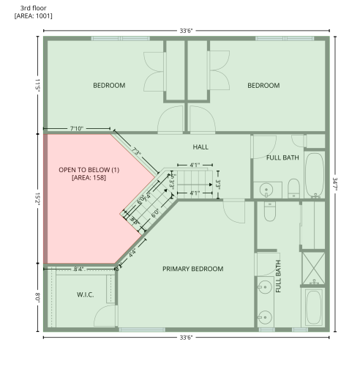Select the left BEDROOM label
pyautogui.click(x=109, y=86)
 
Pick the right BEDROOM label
pyautogui.click(x=263, y=86)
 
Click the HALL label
pyautogui.click(x=200, y=146)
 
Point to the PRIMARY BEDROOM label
pyautogui.click(x=192, y=269)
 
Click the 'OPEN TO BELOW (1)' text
pyautogui.click(x=89, y=170)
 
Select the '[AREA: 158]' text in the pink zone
pyautogui.click(x=89, y=178)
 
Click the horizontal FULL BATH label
pyautogui.click(x=282, y=157)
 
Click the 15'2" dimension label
pyautogui.click(x=35, y=198)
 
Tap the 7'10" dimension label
pyautogui.click(x=78, y=128)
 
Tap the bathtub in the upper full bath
pyautogui.click(x=314, y=176)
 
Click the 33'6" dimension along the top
pyautogui.click(x=186, y=30)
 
